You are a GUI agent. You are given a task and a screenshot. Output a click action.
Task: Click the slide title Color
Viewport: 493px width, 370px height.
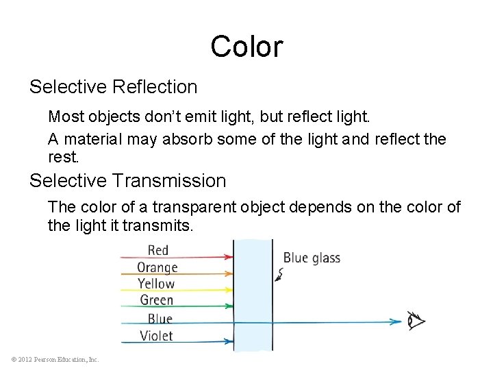click(246, 47)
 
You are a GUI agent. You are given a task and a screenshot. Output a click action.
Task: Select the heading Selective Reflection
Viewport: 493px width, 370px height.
click(113, 87)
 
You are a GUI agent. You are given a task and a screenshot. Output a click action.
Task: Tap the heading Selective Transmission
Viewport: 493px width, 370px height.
click(127, 181)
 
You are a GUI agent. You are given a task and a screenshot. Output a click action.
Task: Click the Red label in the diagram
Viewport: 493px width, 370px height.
click(158, 251)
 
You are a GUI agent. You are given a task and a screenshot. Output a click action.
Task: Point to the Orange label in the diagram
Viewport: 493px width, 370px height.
click(157, 267)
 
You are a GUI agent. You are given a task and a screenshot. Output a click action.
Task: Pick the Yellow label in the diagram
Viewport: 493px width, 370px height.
click(156, 284)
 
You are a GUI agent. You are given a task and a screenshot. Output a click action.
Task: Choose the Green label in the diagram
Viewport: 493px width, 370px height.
click(157, 300)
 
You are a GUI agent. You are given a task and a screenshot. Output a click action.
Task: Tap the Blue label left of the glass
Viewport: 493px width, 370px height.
click(160, 319)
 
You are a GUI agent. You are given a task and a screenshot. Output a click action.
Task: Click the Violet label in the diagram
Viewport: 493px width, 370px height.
click(156, 336)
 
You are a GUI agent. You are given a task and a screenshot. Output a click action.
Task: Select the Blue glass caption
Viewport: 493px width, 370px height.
click(312, 258)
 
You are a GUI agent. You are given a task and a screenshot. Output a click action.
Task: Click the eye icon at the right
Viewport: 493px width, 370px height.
click(416, 321)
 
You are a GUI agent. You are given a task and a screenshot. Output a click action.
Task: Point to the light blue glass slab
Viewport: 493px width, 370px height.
click(253, 295)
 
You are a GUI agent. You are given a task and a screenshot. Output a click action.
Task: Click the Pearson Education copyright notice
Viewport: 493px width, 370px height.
click(55, 359)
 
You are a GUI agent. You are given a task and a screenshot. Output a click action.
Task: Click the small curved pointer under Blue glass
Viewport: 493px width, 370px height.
click(279, 275)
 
